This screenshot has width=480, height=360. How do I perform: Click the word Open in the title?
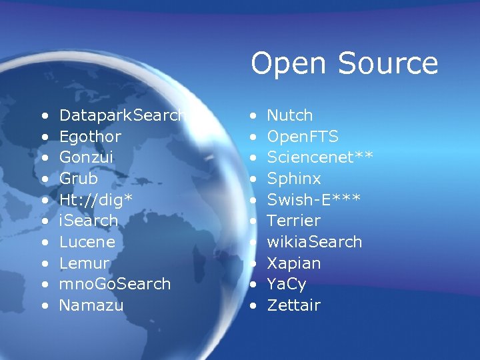coord(289,64)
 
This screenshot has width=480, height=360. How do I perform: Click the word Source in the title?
coord(388,64)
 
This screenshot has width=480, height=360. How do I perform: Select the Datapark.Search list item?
coord(121,115)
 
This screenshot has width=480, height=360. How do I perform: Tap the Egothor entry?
coord(90,137)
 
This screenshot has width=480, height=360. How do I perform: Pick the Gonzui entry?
coord(87,158)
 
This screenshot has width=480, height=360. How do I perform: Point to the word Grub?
coord(79,179)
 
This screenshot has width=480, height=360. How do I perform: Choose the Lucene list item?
coord(87,241)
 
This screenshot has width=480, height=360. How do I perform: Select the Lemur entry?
coord(84,263)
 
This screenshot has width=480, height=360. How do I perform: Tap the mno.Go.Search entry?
coord(115,284)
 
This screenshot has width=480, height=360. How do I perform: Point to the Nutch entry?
coord(289,115)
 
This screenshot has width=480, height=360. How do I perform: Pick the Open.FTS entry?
coord(303,137)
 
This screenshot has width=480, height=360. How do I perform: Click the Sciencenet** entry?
coord(320,158)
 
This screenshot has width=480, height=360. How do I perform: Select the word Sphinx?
coord(294,179)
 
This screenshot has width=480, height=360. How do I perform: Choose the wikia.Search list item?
coord(314,241)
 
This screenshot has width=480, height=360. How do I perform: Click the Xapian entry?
coord(294,263)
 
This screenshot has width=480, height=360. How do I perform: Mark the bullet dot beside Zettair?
coord(253,305)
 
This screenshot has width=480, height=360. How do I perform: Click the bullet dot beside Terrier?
coord(253,221)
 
